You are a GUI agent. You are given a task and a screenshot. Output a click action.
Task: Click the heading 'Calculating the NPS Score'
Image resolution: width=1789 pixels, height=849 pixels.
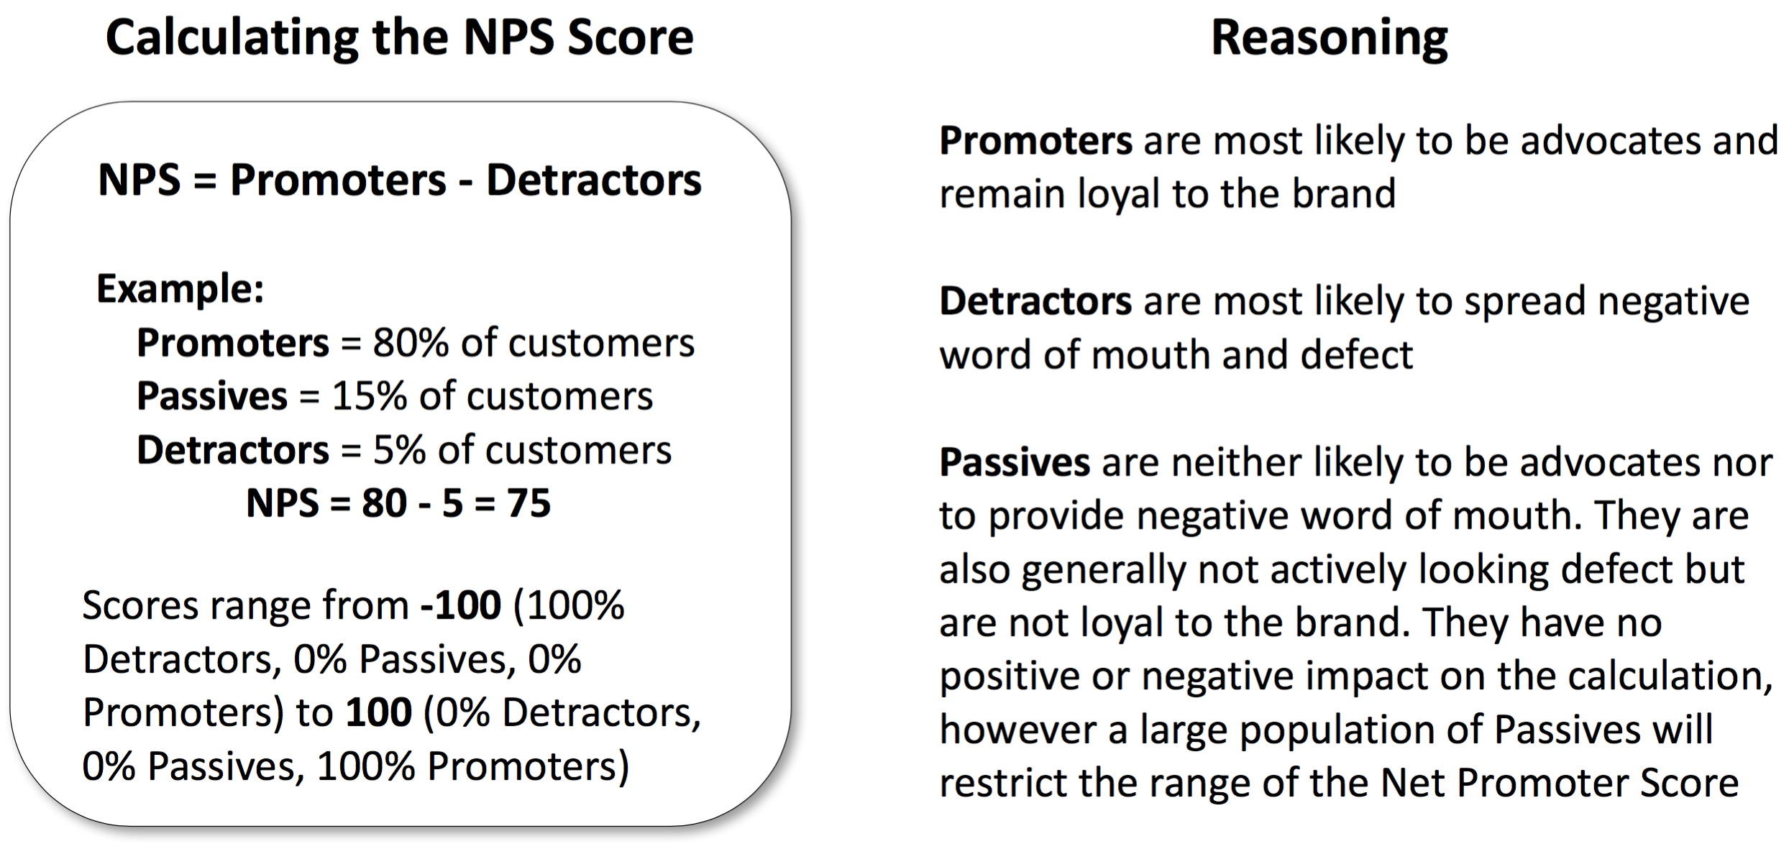pos(400,39)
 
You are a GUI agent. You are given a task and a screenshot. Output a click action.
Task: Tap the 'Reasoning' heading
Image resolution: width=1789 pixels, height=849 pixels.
pos(1329,39)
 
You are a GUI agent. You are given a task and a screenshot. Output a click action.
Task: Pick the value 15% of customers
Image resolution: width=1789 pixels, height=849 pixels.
pos(492,396)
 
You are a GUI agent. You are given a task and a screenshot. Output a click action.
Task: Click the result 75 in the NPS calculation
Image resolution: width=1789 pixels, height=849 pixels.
pos(529,502)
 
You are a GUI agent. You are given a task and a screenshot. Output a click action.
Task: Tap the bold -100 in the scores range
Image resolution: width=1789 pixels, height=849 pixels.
pos(461,605)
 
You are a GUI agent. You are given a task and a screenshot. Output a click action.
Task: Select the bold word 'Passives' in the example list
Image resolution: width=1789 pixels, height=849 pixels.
pos(212,396)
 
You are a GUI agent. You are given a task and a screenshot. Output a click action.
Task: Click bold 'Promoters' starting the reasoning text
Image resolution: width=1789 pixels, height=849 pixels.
pos(1036,141)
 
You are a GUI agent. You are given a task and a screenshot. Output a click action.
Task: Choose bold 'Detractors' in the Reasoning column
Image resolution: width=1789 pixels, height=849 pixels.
pos(1036,301)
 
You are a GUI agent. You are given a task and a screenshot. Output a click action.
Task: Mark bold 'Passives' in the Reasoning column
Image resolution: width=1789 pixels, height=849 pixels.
pos(1015,463)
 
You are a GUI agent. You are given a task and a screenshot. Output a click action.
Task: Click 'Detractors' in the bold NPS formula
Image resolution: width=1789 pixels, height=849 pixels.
pos(594,180)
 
